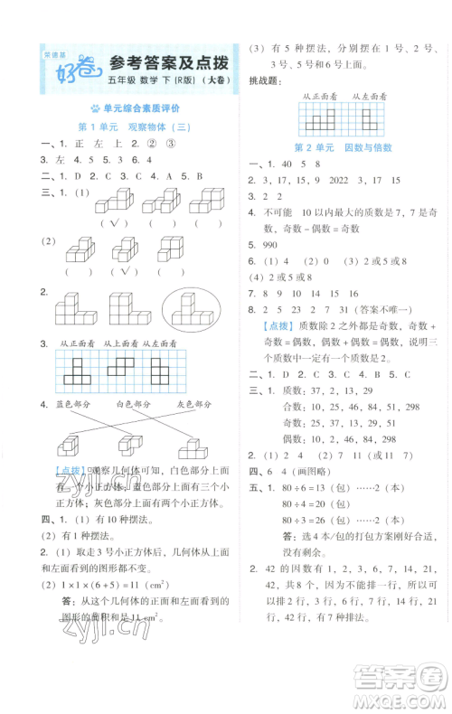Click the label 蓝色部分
(77, 403)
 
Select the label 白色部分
(137, 403)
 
